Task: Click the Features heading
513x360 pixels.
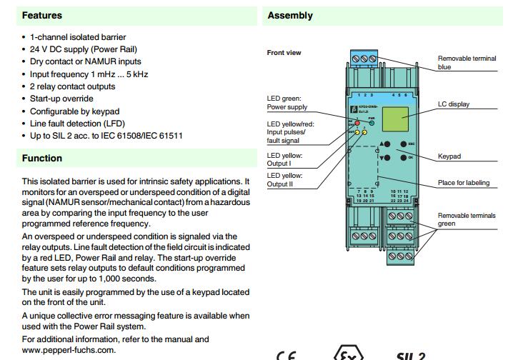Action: pos(42,15)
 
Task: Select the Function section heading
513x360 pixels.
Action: pos(42,159)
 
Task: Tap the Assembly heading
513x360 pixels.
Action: pos(290,15)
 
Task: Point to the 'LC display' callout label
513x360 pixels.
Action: pos(454,104)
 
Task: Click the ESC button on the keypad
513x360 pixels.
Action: pos(403,144)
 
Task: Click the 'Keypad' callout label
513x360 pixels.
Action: pos(449,156)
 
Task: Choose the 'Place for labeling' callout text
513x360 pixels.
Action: pos(464,183)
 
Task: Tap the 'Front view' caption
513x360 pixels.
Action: pos(284,53)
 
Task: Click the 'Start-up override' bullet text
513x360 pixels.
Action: pos(61,99)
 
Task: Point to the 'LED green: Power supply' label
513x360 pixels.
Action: pos(287,103)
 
